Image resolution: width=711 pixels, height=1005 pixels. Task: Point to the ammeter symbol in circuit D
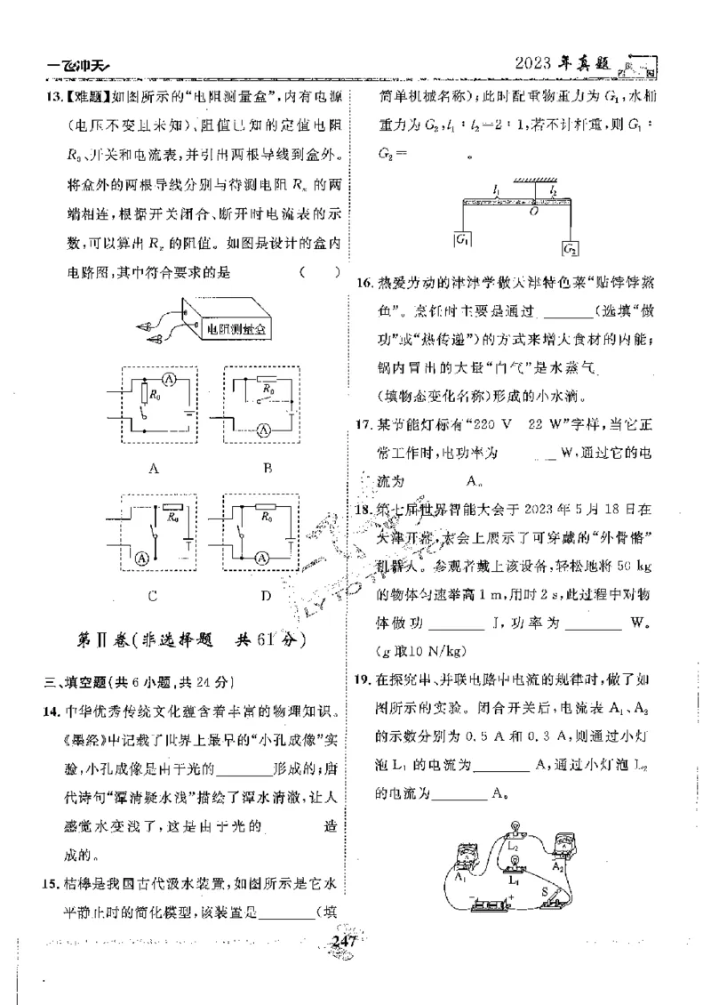(x=263, y=558)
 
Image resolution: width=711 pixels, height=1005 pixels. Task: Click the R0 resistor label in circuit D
(x=266, y=515)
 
